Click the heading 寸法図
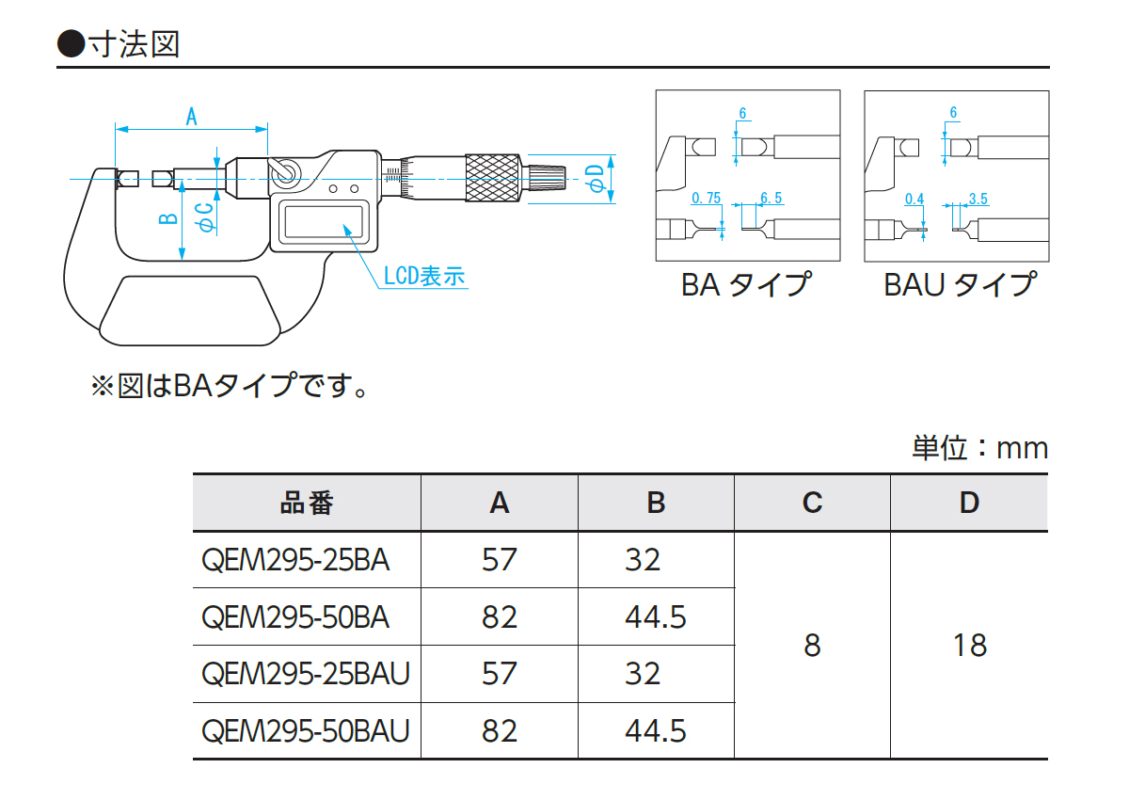click(132, 44)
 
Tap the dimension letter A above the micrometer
click(191, 117)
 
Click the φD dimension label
click(594, 178)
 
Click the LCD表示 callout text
click(424, 277)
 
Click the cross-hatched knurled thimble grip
click(492, 177)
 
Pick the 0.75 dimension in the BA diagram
click(706, 199)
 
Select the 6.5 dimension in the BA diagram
click(771, 199)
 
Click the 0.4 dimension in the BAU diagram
click(914, 199)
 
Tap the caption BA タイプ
click(746, 284)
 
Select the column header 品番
click(307, 504)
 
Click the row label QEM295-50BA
click(295, 617)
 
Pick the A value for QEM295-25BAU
click(499, 674)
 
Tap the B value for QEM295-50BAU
click(656, 730)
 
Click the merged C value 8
click(812, 646)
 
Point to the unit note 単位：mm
click(979, 448)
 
